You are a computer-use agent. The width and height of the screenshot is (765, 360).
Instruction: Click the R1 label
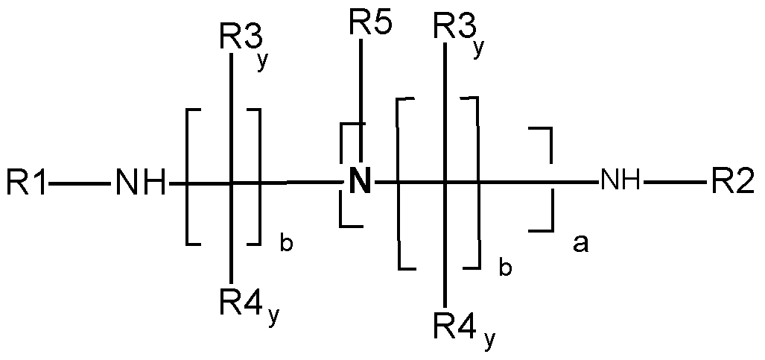28,182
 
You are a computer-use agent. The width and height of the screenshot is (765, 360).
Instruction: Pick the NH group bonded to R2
619,181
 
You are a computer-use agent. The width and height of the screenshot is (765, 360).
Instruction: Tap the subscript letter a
580,242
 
